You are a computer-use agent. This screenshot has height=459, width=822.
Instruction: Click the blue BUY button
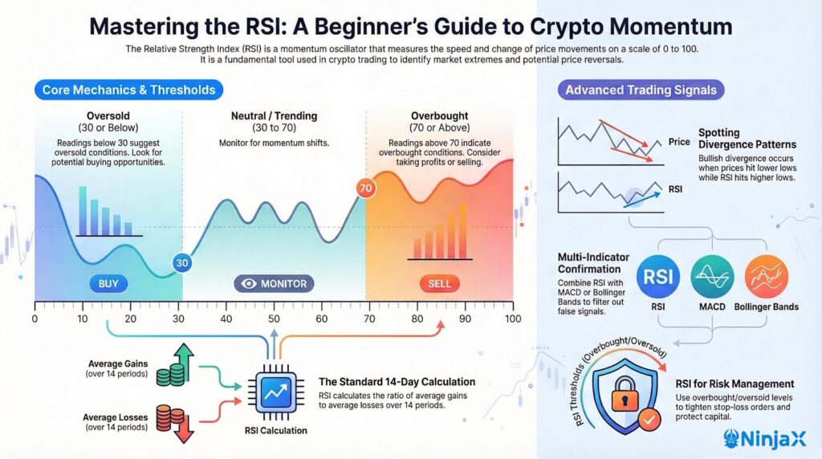click(x=107, y=284)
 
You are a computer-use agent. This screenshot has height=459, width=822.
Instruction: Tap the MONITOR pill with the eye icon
click(x=274, y=284)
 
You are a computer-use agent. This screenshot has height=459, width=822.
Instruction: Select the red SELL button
click(x=440, y=284)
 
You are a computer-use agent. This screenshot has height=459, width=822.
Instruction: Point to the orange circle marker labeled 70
click(x=366, y=189)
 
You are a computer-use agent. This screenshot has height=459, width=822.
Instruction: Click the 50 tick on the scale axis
click(x=274, y=319)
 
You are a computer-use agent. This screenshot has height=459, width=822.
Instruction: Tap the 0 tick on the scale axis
click(x=35, y=319)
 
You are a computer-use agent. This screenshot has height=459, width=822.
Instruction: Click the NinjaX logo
click(x=770, y=438)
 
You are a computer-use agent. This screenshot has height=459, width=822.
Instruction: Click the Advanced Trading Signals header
click(x=641, y=90)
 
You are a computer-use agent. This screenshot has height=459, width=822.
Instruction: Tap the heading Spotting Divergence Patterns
click(x=747, y=139)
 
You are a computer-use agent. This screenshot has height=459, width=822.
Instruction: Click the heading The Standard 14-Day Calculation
click(x=397, y=381)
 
